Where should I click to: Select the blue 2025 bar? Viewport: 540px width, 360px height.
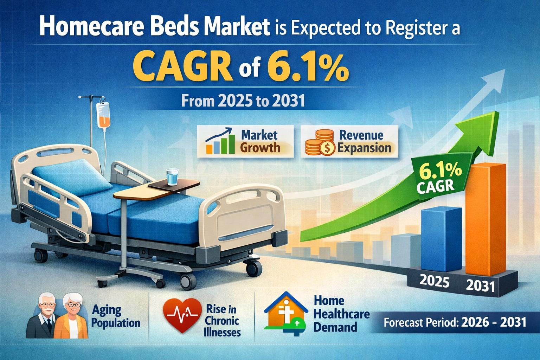coord(441,239)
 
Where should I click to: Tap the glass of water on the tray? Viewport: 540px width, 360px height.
coord(172,177)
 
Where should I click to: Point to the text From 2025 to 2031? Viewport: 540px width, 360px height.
coord(243,101)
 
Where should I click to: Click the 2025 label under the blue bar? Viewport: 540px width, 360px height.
coord(435,281)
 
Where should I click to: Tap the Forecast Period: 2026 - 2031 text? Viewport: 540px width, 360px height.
coord(455,323)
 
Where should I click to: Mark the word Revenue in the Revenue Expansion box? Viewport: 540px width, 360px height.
coord(361,135)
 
